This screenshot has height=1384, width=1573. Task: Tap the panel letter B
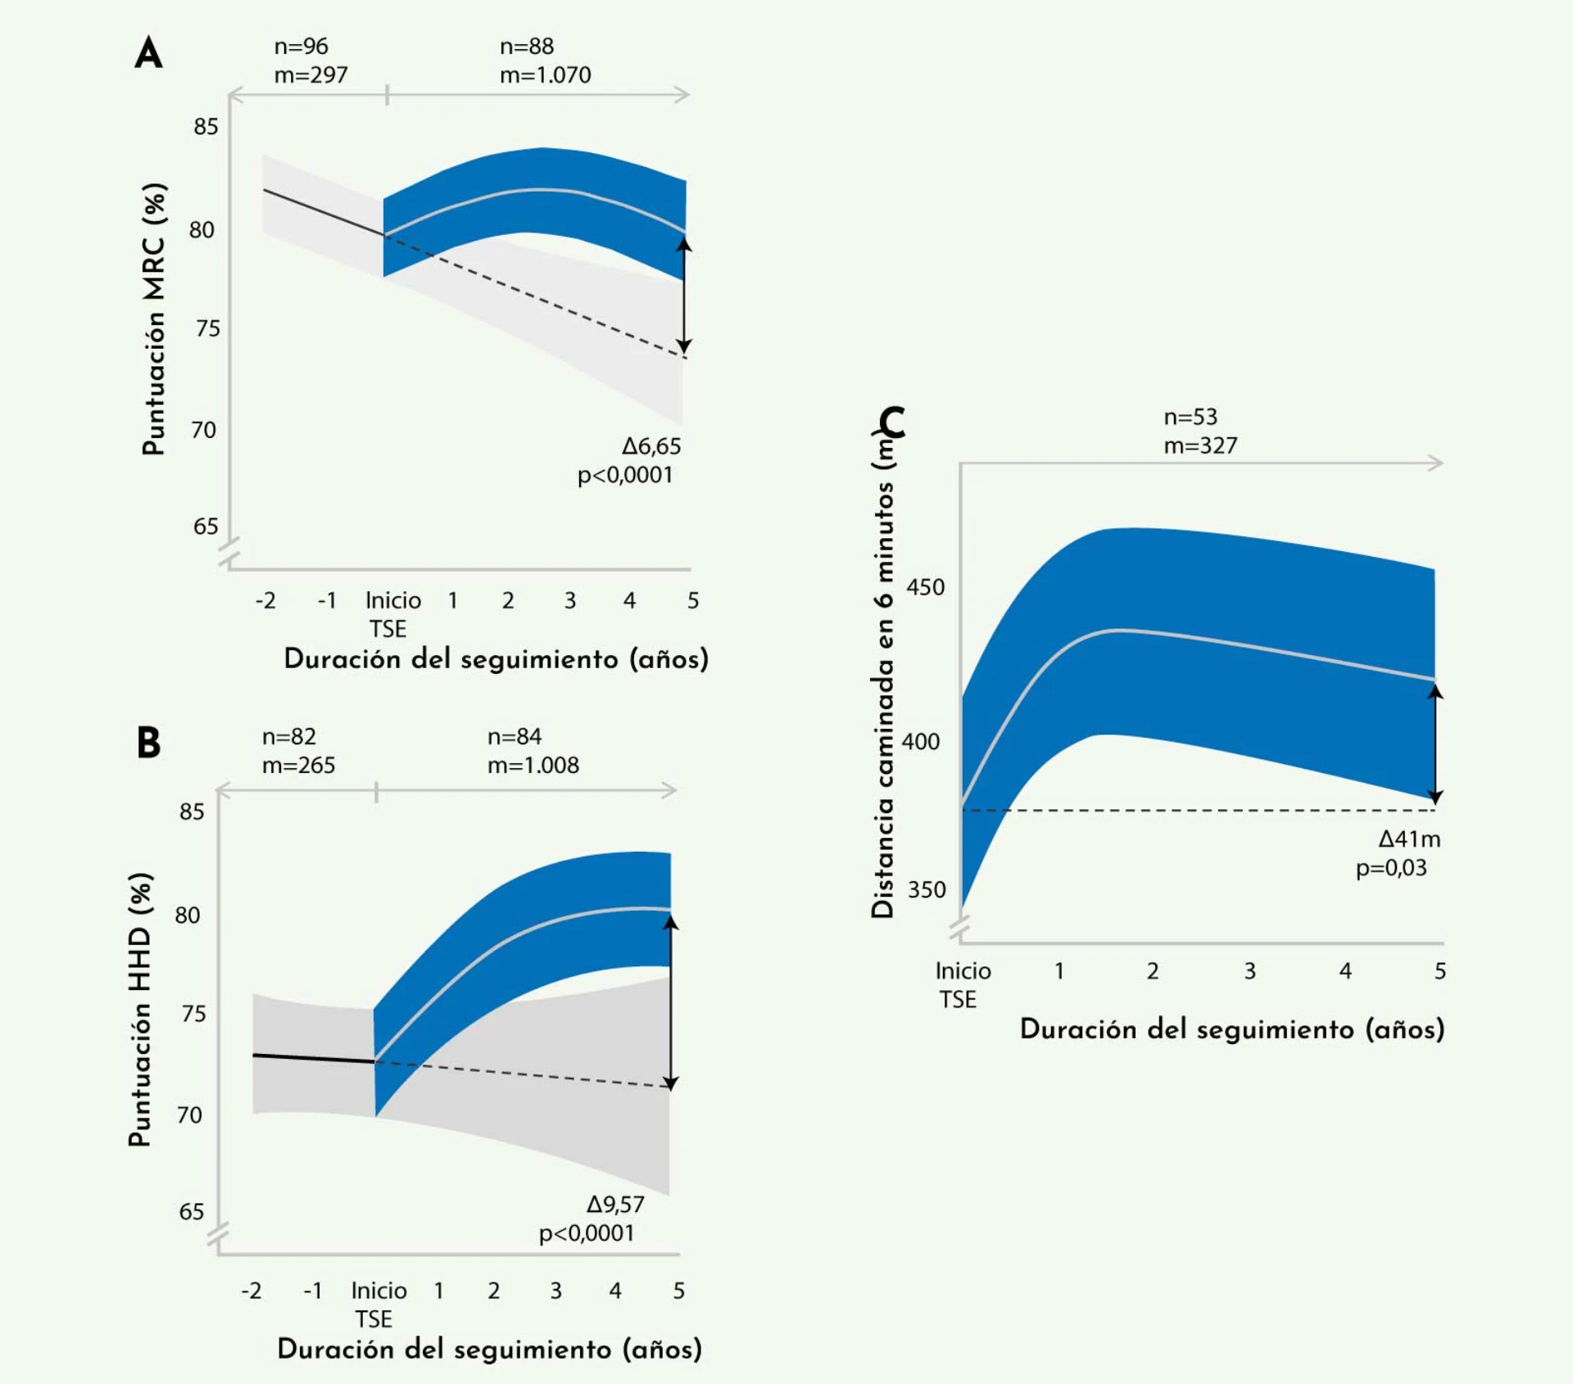(148, 743)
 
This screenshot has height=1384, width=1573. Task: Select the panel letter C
(891, 423)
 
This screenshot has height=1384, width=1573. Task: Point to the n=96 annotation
(301, 47)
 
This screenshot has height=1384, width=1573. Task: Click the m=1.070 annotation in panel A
(545, 75)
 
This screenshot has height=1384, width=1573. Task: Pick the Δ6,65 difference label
(651, 446)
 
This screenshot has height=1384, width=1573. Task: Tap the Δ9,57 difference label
(615, 1205)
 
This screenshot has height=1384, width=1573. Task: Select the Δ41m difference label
(1409, 839)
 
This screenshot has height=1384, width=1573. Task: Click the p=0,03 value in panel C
(1391, 868)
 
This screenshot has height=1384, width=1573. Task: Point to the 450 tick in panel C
(925, 587)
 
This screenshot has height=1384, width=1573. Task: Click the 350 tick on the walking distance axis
(926, 889)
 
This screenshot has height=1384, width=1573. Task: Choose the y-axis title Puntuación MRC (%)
(154, 319)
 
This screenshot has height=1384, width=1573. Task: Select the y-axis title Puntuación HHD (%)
(140, 1009)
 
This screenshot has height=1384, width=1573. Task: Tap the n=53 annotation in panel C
(1190, 417)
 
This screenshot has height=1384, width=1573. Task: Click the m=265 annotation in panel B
(298, 765)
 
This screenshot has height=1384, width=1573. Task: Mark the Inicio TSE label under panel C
(962, 984)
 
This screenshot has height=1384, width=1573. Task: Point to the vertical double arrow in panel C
(1435, 744)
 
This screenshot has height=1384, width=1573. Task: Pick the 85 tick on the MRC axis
(206, 127)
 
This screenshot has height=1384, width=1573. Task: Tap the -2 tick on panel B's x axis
(251, 1291)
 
